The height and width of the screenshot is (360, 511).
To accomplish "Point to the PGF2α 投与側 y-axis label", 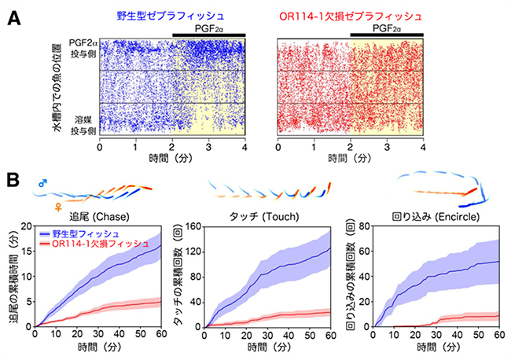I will point(81,51).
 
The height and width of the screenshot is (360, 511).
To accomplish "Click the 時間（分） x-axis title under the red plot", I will point(350,159).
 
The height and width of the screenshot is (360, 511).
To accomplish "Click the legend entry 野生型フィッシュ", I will point(88,233).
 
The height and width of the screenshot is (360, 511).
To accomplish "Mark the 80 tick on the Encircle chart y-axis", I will point(366,227).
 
